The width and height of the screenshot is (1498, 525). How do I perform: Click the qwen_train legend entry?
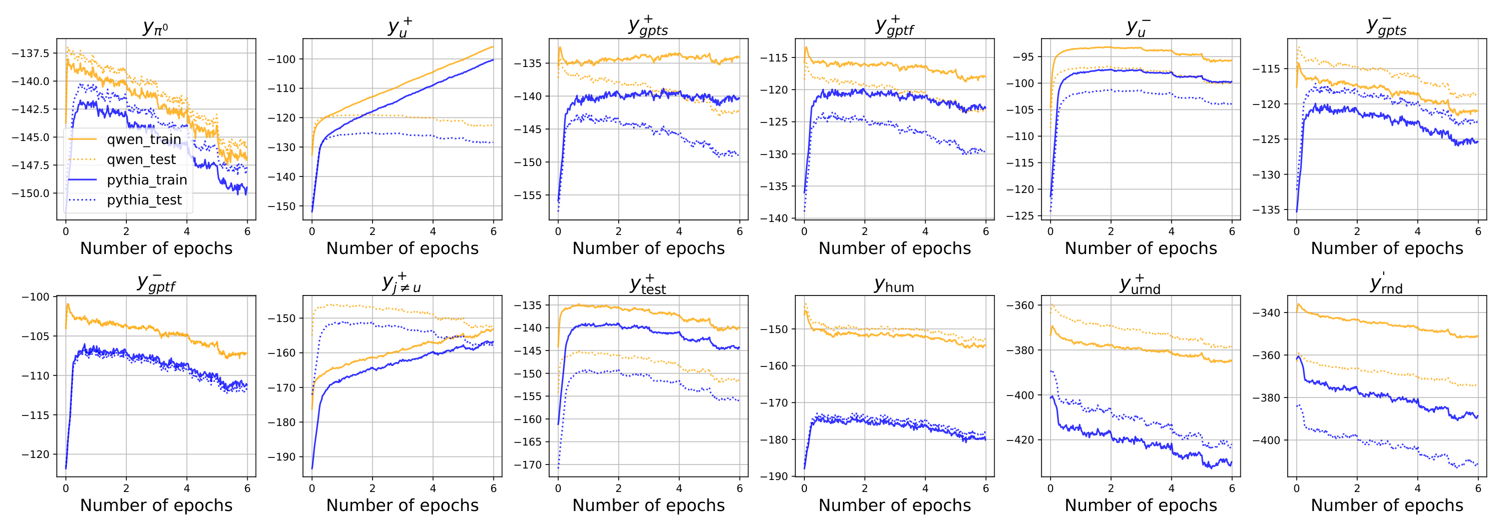click(x=143, y=139)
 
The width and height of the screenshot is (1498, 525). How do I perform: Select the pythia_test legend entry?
click(x=144, y=200)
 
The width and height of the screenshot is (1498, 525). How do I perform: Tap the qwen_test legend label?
click(x=141, y=159)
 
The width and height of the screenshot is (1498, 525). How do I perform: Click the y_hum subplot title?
click(x=894, y=285)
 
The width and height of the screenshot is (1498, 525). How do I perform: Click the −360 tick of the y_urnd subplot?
click(x=1020, y=305)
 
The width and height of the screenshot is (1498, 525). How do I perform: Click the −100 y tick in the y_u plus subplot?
click(x=282, y=59)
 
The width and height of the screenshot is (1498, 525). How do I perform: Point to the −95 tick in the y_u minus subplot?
click(x=1023, y=56)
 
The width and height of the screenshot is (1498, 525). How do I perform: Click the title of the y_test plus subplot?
click(x=648, y=284)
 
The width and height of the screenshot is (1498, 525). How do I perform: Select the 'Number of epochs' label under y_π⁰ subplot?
click(x=156, y=248)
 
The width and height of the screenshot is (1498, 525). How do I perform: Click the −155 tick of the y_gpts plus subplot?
click(x=527, y=195)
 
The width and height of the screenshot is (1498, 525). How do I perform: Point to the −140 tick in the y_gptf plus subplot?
click(x=773, y=218)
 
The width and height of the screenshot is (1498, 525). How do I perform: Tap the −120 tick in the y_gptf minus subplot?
click(x=35, y=454)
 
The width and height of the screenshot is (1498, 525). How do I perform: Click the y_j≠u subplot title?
click(x=402, y=283)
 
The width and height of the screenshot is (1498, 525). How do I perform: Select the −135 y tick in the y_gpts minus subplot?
click(x=1266, y=209)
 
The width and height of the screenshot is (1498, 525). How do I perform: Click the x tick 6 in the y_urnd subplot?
click(x=1232, y=489)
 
